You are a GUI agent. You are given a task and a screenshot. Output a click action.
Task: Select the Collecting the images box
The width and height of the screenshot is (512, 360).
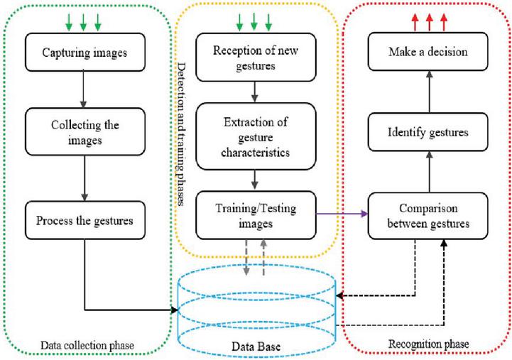[x=83, y=131]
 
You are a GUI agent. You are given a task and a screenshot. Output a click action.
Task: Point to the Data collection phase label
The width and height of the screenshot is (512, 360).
[x=87, y=345]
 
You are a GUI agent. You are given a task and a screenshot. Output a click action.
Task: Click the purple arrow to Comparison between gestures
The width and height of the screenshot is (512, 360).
[x=337, y=212]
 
